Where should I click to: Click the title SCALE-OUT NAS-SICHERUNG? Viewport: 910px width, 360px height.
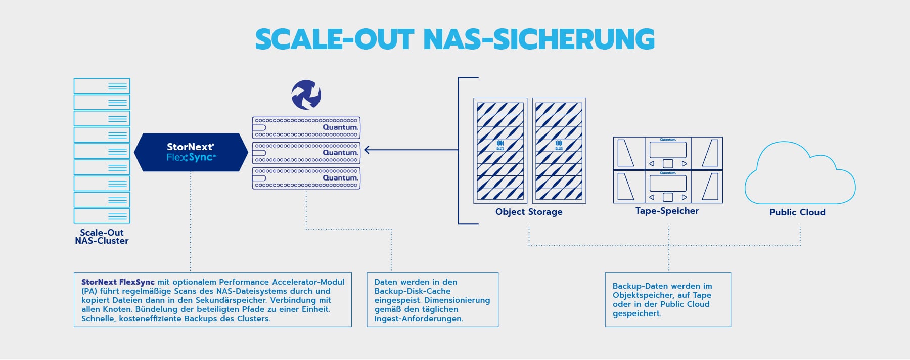pos(454,39)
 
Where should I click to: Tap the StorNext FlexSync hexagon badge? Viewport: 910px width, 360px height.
pos(191,152)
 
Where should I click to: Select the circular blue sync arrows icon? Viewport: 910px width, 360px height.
pos(306,95)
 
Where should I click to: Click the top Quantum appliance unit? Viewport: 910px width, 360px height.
pos(306,128)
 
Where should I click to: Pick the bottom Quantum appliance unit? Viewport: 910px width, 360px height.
pos(306,178)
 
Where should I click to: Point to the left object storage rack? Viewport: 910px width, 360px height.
pos(500,151)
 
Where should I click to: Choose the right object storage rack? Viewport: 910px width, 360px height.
pos(559,151)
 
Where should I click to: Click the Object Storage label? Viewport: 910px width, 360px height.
pos(528,212)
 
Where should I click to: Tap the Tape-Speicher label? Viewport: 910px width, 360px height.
pos(667,211)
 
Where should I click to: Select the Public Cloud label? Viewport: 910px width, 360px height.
pos(797,212)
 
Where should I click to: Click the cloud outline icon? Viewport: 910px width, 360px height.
pos(799,174)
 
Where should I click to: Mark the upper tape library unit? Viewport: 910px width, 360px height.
pos(668,153)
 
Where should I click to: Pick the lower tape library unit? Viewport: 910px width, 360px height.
pos(668,187)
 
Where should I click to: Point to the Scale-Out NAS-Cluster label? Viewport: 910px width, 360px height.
pos(102,237)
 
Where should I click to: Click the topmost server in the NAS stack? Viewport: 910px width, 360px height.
pos(102,86)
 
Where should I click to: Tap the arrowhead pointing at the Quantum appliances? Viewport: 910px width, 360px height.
pos(367,150)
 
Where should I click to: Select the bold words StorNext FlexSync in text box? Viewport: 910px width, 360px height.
pos(118,282)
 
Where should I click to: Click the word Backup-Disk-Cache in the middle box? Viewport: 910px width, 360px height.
pos(412,291)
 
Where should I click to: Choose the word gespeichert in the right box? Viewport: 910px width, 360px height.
pos(636,313)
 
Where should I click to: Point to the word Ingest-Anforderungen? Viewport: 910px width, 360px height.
pos(418,319)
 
